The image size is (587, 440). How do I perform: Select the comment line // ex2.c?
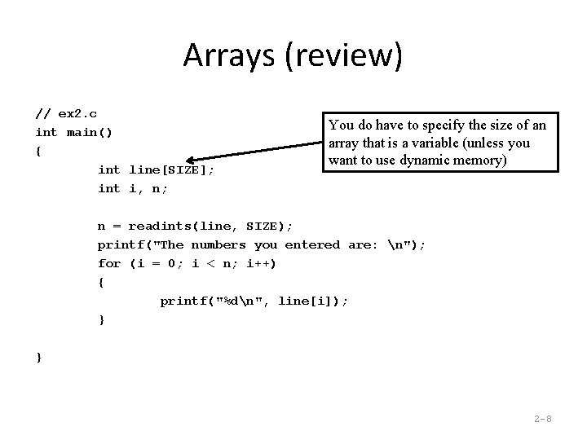67,113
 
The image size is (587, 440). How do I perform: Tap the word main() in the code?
90,132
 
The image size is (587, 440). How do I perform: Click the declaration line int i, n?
133,188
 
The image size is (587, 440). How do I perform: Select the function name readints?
159,226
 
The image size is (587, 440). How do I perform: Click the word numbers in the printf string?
218,244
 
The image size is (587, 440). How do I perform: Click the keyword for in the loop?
109,263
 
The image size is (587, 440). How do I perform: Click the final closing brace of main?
39,357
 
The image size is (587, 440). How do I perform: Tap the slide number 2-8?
542,419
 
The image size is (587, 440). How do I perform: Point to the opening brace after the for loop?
101,282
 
